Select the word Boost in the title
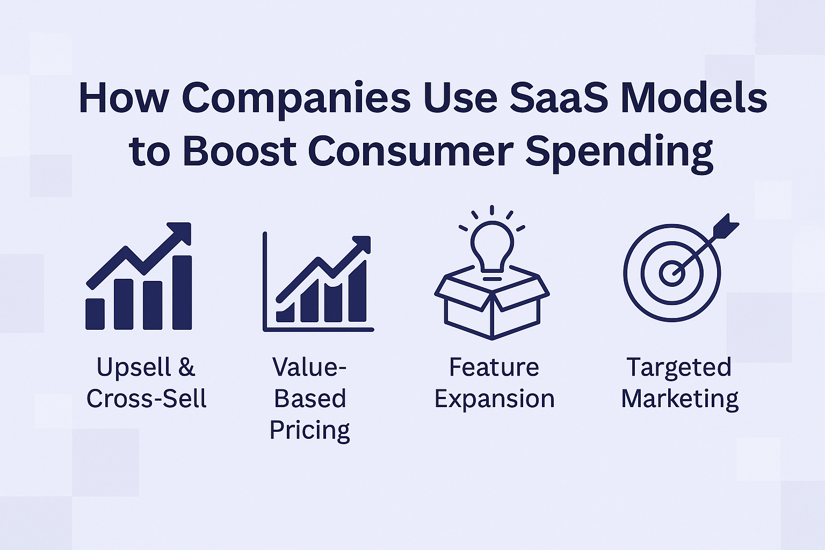tap(240, 151)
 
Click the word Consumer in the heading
tap(411, 151)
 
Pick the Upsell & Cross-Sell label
tap(146, 382)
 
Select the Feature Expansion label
tap(494, 383)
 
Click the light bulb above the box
tap(492, 250)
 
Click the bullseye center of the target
tap(672, 273)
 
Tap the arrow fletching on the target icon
tap(725, 226)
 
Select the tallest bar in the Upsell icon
tap(182, 292)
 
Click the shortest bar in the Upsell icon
tap(95, 314)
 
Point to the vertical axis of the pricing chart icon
tap(264, 281)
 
